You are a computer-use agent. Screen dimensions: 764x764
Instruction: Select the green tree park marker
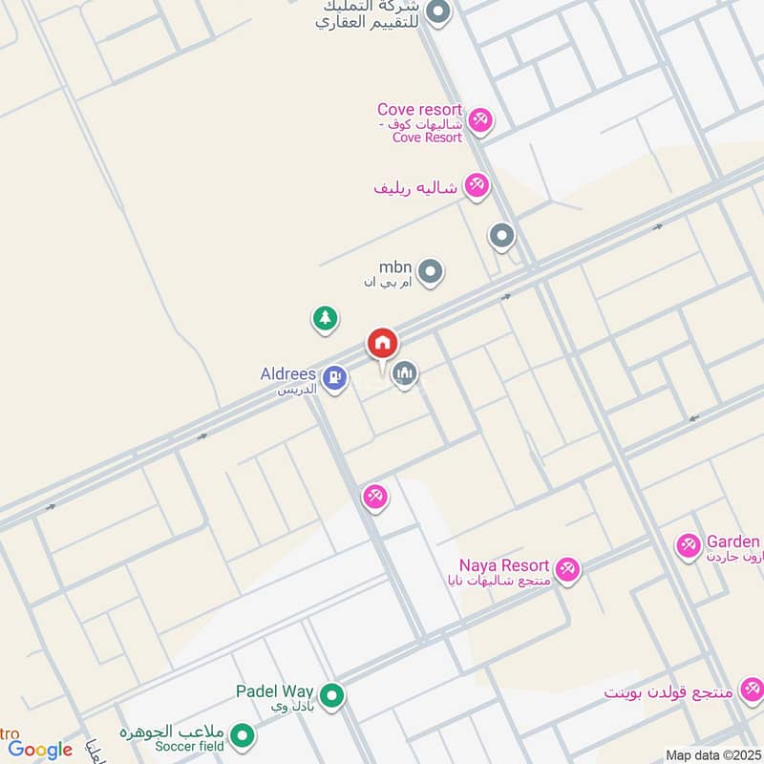326,318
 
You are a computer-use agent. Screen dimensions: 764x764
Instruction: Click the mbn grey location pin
432,273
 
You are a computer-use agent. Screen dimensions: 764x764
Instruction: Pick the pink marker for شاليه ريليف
477,185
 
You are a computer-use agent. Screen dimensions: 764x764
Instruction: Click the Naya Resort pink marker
568,569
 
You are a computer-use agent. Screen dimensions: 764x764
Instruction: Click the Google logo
40,750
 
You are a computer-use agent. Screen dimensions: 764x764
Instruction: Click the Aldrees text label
287,374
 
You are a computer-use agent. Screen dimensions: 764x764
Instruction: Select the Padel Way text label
276,690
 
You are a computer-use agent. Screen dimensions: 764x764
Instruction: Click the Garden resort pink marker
688,546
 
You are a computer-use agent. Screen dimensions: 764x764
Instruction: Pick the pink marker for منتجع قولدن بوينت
752,690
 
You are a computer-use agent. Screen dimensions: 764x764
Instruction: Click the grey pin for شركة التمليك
438,12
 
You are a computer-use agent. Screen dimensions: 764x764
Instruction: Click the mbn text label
395,266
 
